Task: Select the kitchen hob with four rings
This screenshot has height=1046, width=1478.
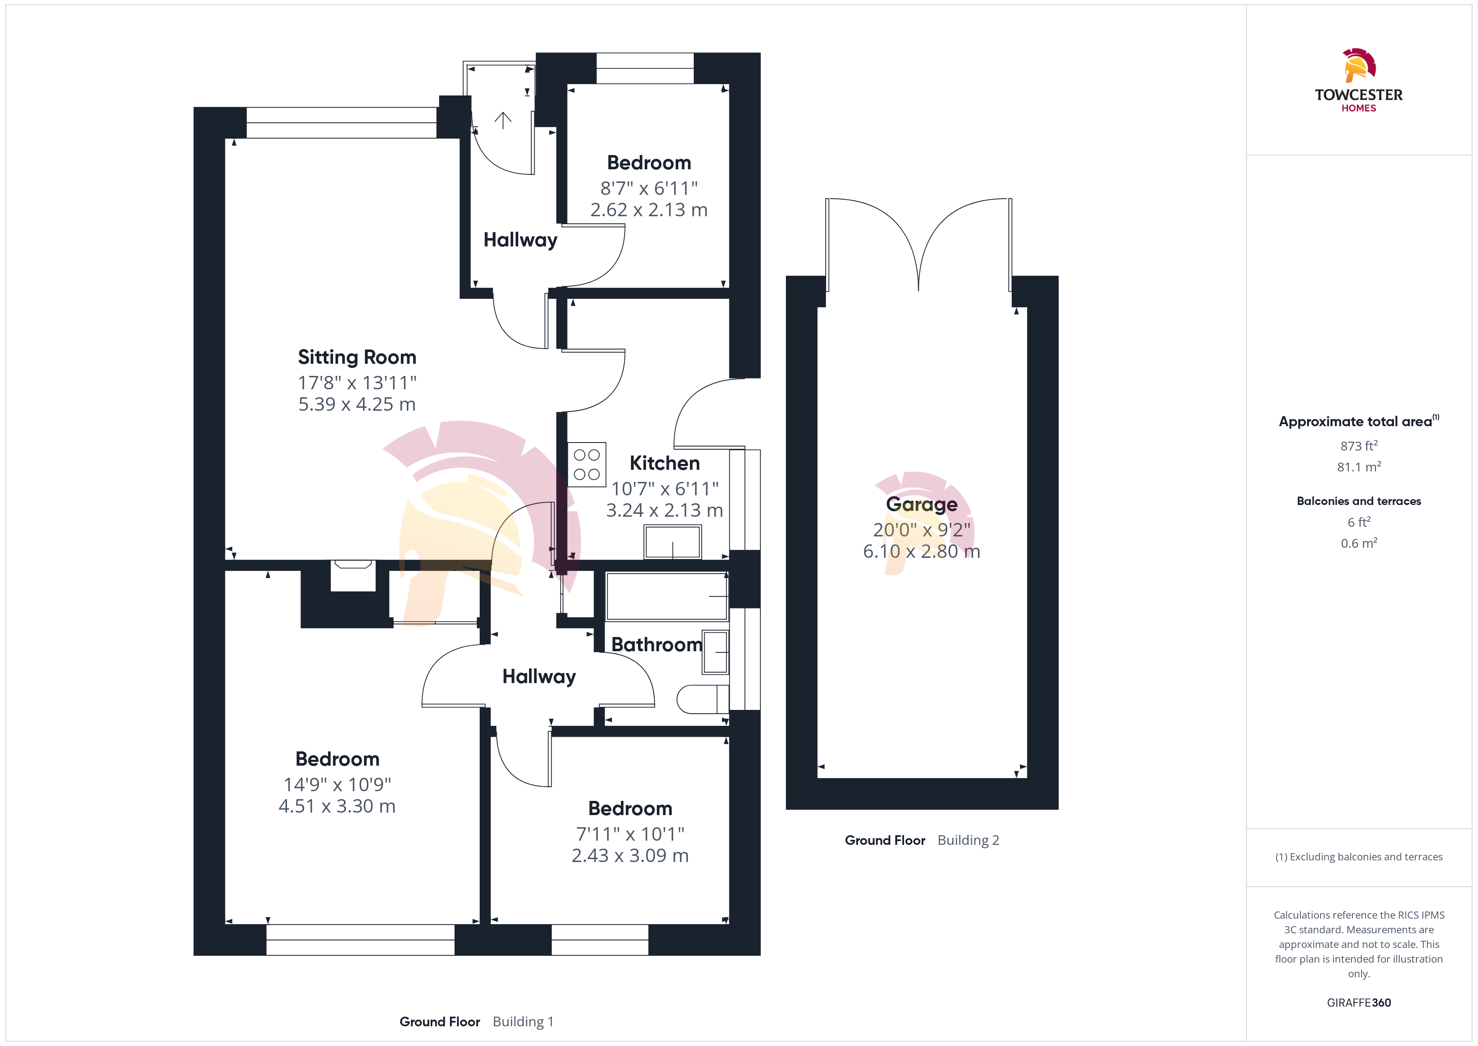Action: pyautogui.click(x=587, y=464)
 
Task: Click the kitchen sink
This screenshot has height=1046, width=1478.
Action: pyautogui.click(x=673, y=542)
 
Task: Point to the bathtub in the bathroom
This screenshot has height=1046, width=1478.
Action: pyautogui.click(x=667, y=596)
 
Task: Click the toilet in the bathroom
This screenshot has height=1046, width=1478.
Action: pyautogui.click(x=703, y=699)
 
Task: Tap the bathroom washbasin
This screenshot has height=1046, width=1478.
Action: pyautogui.click(x=715, y=652)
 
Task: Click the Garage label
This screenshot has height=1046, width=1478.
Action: pyautogui.click(x=921, y=504)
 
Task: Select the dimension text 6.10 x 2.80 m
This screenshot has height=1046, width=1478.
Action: pyautogui.click(x=921, y=551)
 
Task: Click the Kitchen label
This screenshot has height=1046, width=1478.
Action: pyautogui.click(x=664, y=463)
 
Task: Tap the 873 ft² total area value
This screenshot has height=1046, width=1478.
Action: pyautogui.click(x=1359, y=446)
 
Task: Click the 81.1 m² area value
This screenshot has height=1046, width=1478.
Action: pyautogui.click(x=1359, y=466)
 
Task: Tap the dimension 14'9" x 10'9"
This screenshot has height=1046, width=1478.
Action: pyautogui.click(x=337, y=784)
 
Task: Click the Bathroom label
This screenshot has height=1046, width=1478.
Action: pyautogui.click(x=656, y=644)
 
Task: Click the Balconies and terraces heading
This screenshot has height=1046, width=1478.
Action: pyautogui.click(x=1359, y=501)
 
